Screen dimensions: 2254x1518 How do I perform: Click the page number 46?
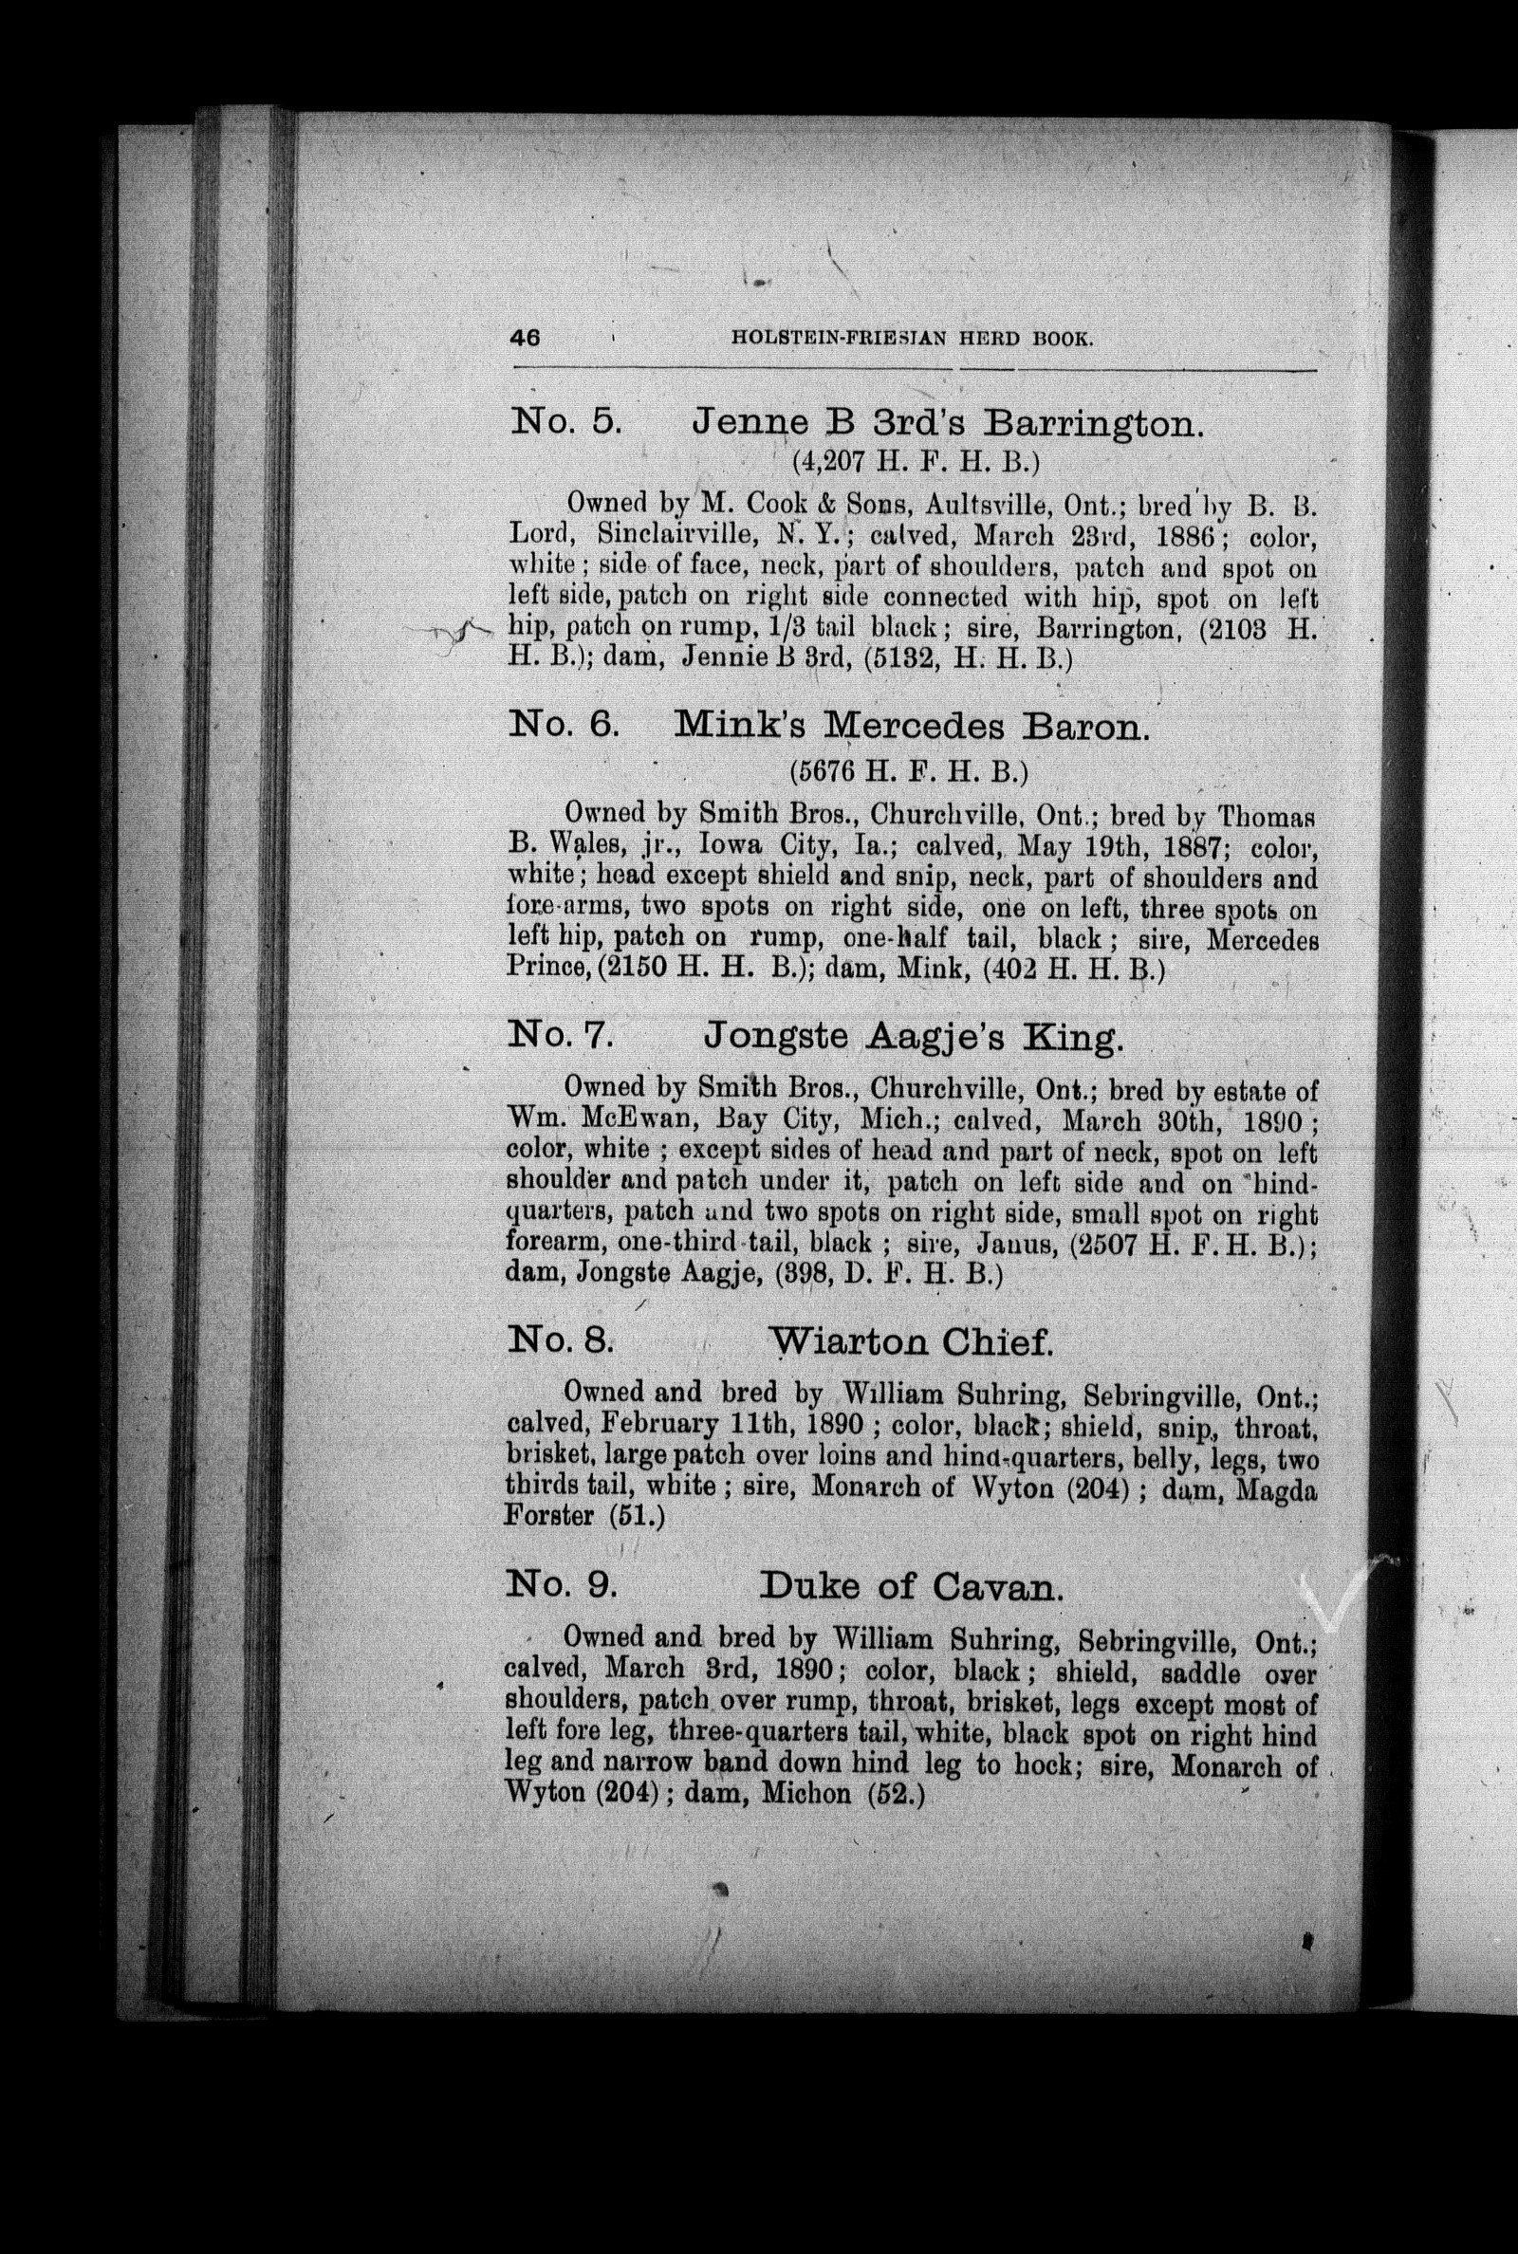coord(525,338)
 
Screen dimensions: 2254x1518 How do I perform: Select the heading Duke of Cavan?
coord(911,1587)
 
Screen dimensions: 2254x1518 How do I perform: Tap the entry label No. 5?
coord(565,423)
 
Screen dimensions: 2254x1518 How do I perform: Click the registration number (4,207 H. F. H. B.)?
coord(915,462)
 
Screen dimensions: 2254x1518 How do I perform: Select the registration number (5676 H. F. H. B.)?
coord(907,771)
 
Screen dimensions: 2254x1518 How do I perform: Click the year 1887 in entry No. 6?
coord(1186,847)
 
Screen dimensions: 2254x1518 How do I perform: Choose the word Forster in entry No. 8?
coord(549,1515)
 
